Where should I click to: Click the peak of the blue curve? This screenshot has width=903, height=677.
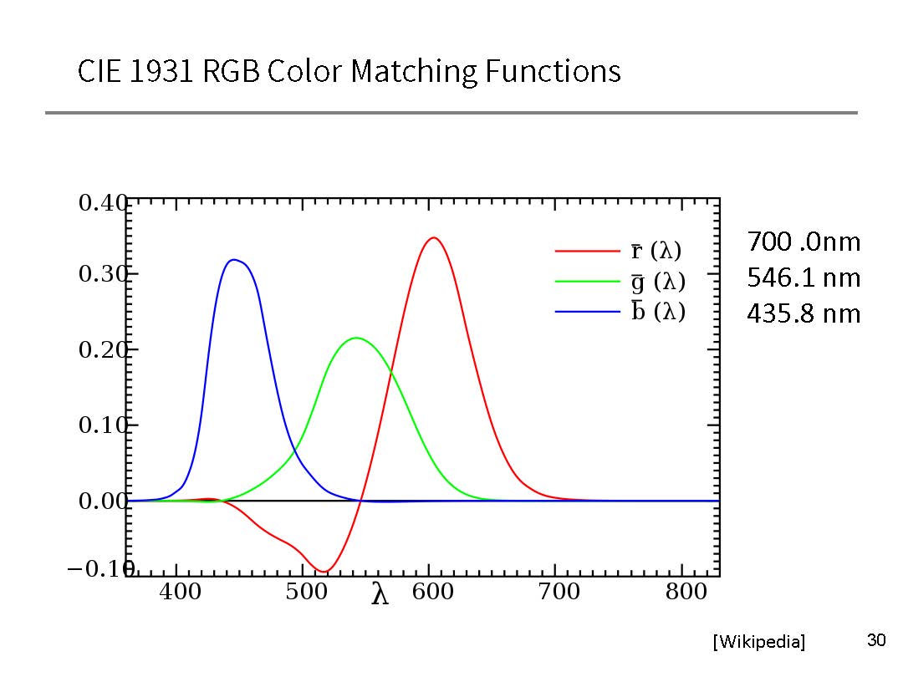click(234, 260)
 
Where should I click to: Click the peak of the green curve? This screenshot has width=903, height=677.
click(357, 338)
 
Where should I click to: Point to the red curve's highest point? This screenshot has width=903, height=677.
click(433, 237)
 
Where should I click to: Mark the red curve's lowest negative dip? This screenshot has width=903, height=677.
click(324, 572)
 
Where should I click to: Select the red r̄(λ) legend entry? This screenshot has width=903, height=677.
click(619, 250)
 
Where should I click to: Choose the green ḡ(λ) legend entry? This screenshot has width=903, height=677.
click(619, 281)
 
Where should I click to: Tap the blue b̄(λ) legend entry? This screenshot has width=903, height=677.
click(619, 312)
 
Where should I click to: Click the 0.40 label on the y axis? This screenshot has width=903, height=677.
click(102, 203)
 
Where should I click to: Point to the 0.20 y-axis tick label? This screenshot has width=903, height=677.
click(102, 351)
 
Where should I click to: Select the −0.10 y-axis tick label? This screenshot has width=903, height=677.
click(99, 569)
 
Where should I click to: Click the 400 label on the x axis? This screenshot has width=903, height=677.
click(180, 593)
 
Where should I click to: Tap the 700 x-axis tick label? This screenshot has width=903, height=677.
click(559, 593)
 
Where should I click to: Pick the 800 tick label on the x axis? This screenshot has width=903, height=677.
click(686, 593)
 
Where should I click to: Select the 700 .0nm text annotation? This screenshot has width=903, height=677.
click(803, 242)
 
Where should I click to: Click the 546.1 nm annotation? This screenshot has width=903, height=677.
click(803, 277)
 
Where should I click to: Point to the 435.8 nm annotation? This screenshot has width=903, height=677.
click(803, 313)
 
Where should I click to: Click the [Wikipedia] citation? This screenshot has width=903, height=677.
click(759, 642)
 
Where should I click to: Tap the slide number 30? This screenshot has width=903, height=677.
click(875, 641)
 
